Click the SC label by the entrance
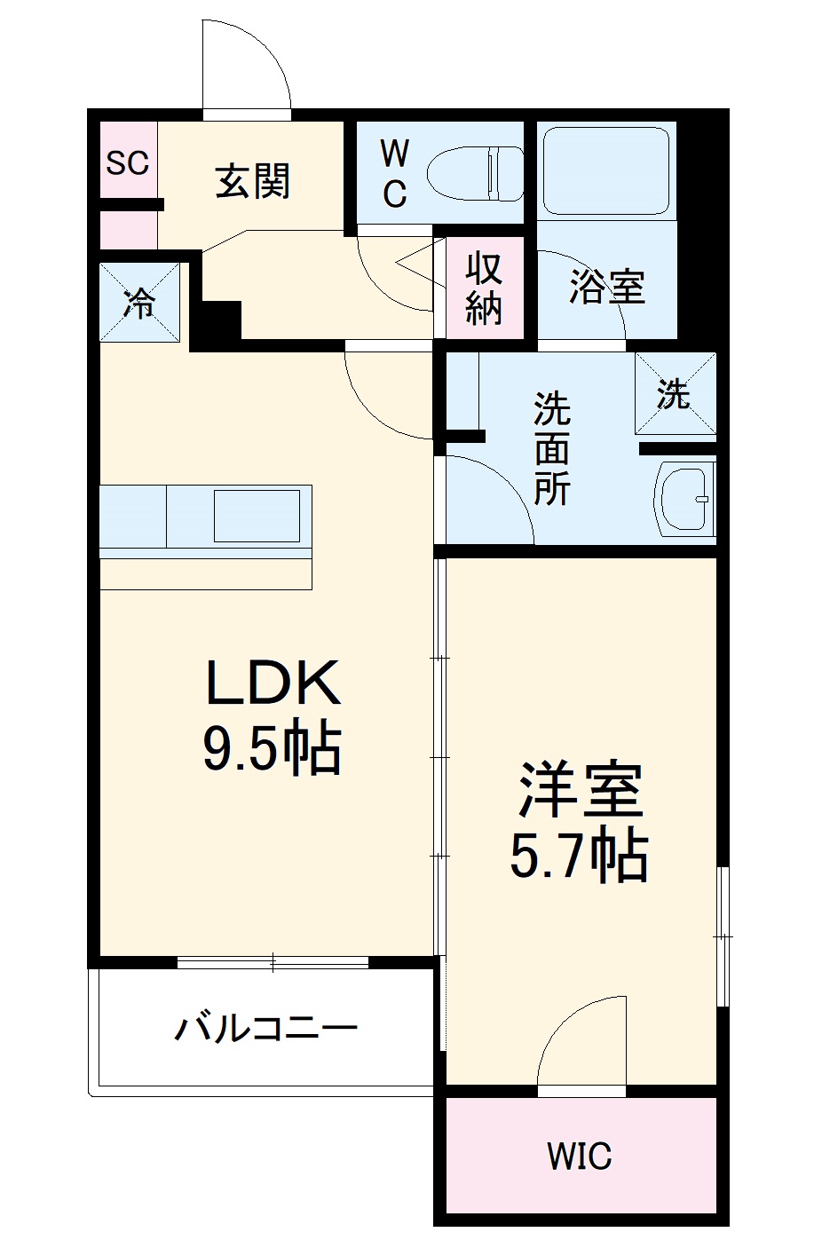128,162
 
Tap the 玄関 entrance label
253,182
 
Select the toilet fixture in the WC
475,172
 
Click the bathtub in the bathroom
605,170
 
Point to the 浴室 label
607,287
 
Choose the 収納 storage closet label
485,287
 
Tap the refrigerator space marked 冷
139,302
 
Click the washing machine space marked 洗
675,392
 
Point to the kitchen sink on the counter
257,515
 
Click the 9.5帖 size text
273,750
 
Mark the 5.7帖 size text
578,856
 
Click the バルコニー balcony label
266,1029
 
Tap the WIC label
579,1156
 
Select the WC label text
395,173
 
